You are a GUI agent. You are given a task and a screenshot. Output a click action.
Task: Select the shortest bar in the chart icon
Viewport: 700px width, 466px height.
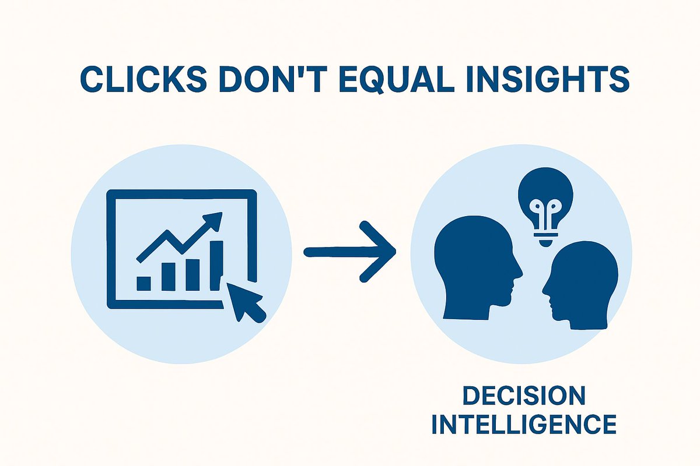143,283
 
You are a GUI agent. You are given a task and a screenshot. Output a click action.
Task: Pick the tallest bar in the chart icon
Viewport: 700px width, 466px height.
216,264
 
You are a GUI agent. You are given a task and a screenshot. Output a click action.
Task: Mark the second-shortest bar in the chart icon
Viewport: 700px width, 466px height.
168,277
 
